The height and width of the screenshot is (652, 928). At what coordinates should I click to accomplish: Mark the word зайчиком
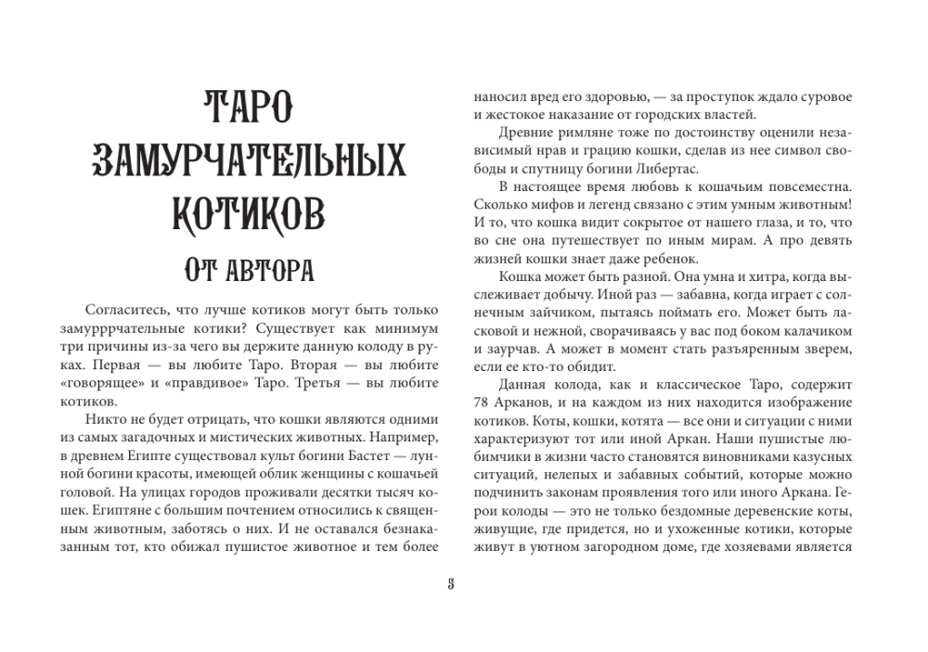coord(554,311)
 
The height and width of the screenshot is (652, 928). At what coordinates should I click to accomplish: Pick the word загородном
coord(636,548)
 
